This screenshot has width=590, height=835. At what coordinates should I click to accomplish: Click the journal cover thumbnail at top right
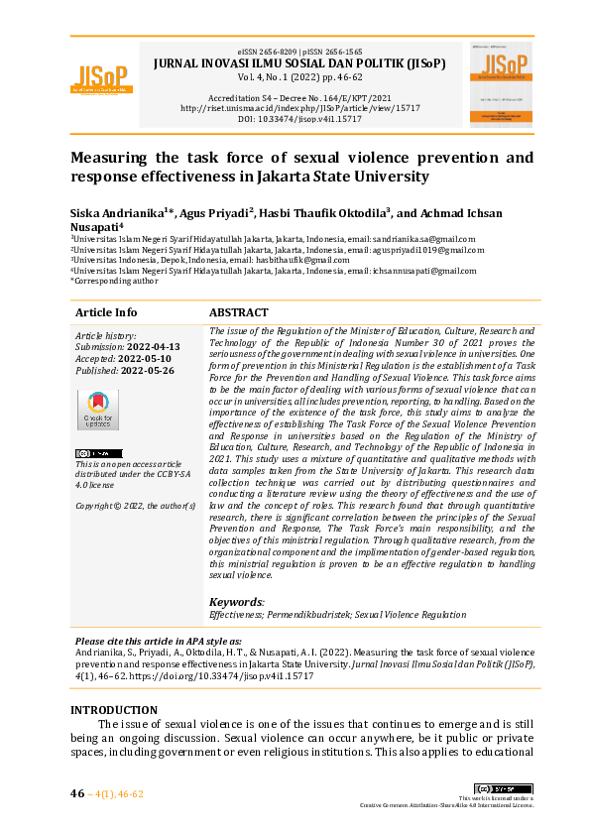[x=501, y=83]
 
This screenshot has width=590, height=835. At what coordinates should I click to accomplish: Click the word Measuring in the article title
[x=112, y=158]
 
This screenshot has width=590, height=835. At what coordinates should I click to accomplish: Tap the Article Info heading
[x=106, y=311]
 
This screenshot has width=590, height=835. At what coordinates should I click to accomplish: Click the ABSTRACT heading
[x=239, y=311]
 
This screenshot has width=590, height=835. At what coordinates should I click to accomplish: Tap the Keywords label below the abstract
[x=236, y=601]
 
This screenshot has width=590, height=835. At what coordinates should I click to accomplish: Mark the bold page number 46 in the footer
[x=77, y=793]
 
